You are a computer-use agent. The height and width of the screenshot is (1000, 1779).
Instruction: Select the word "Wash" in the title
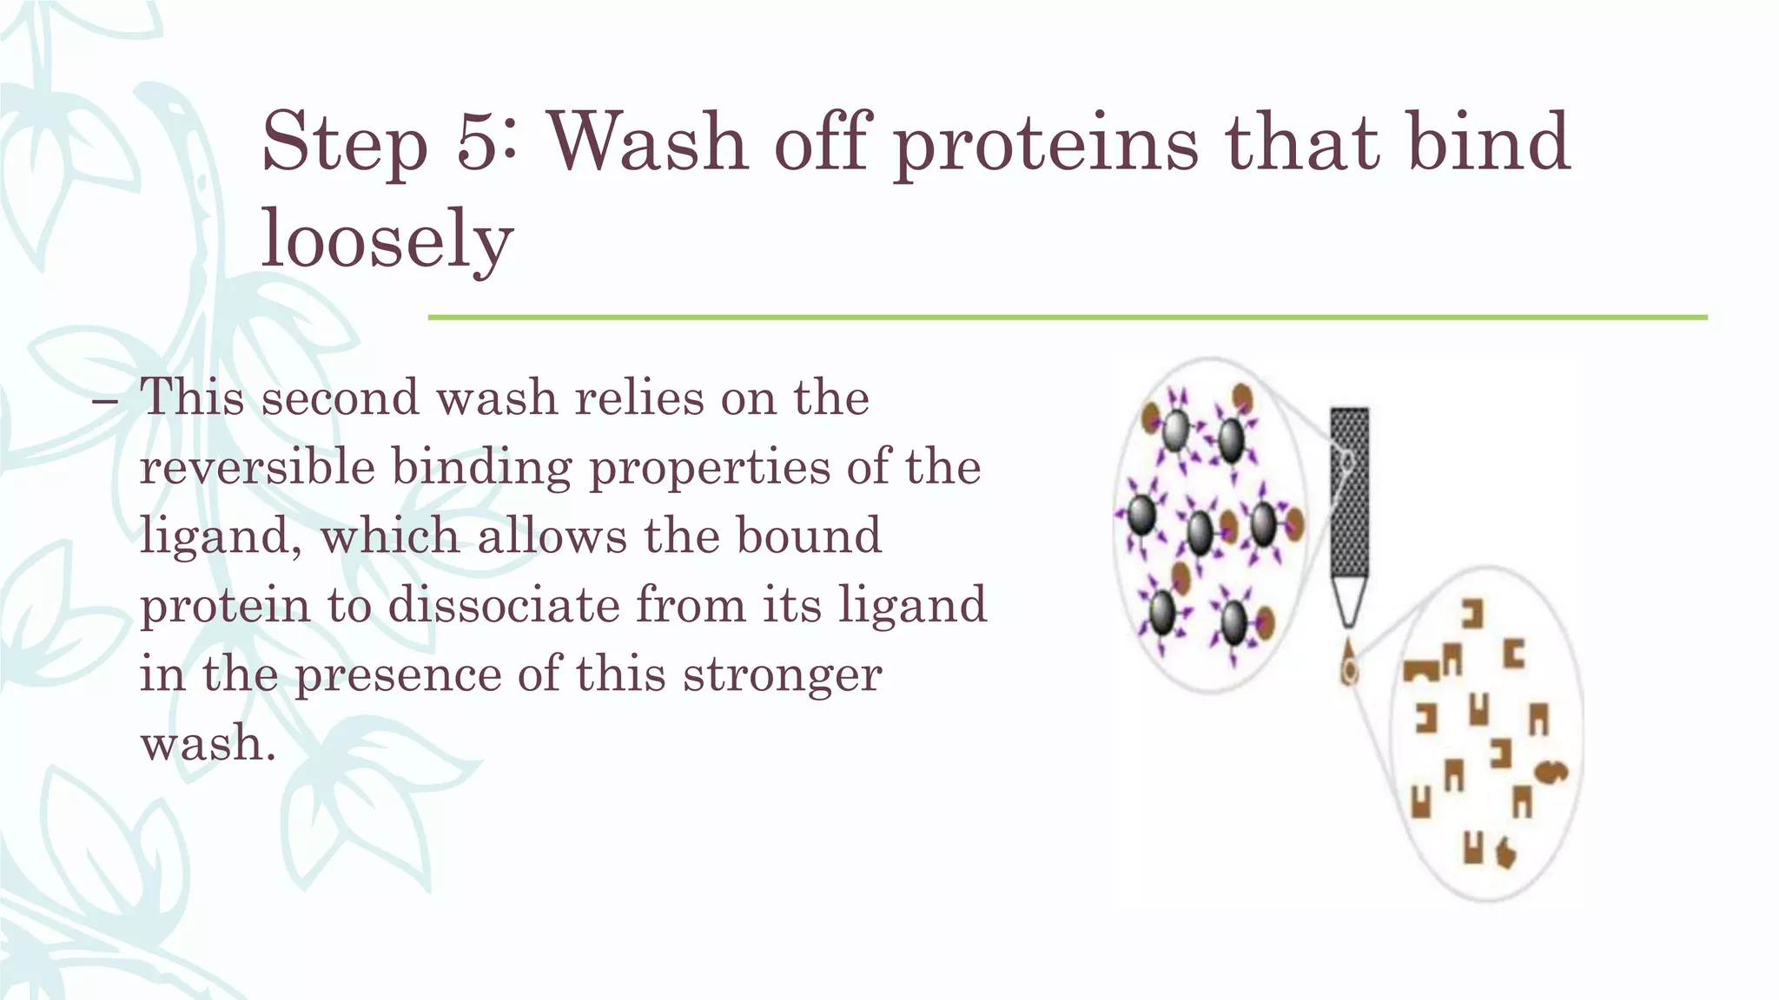[648, 141]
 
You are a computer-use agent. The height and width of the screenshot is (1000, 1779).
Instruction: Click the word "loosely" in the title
[387, 240]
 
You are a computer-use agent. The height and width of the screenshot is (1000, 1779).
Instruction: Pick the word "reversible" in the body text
[257, 467]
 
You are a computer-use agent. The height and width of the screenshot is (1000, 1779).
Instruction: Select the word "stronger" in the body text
[782, 675]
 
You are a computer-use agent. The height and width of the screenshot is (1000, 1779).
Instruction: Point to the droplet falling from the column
[1349, 664]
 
